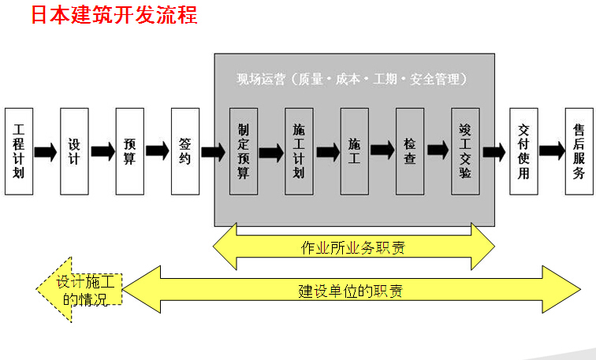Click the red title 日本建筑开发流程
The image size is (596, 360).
click(x=114, y=16)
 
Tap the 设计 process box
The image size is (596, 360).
click(x=74, y=150)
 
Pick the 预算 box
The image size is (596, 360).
click(x=129, y=150)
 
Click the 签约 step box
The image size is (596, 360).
click(x=184, y=150)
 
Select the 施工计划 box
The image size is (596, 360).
click(x=299, y=150)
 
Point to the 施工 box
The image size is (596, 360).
click(x=354, y=150)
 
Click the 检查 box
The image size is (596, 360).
click(x=409, y=150)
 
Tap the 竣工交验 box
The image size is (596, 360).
click(x=465, y=150)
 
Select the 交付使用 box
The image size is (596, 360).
click(x=523, y=150)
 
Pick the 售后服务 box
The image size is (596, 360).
click(x=579, y=150)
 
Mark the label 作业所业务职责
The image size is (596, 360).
click(x=353, y=247)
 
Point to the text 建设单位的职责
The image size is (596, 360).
click(x=350, y=290)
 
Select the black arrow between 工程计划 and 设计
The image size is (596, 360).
click(x=46, y=151)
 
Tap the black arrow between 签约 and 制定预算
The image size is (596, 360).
click(x=213, y=151)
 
